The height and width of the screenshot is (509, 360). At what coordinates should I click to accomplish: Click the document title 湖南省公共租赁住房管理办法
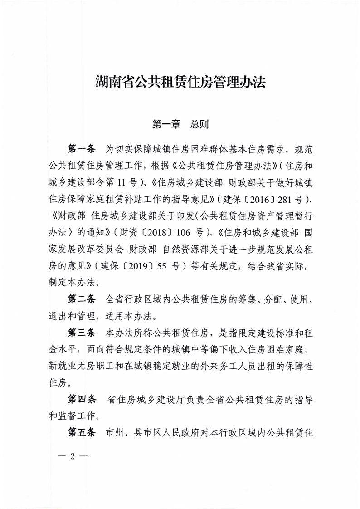(180, 83)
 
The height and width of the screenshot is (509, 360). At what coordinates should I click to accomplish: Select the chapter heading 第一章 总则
(180, 124)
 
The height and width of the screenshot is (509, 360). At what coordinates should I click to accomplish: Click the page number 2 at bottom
(72, 457)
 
